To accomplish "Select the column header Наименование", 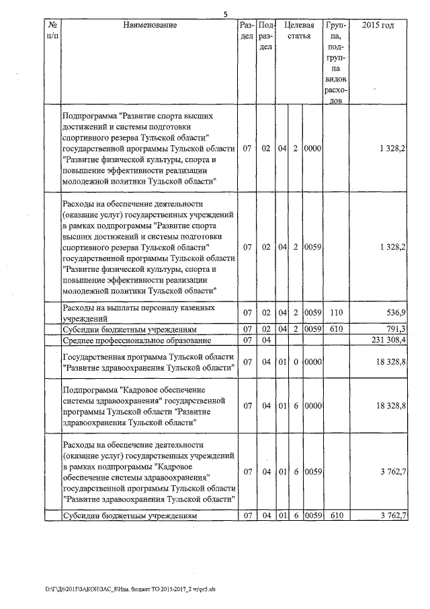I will coord(150,26).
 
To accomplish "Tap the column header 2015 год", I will coord(378,26).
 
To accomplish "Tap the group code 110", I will coord(335,313).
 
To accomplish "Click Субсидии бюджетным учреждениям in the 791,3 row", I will coord(129,329).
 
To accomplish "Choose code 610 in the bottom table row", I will coord(335,515).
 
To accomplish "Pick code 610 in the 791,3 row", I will coord(335,329).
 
